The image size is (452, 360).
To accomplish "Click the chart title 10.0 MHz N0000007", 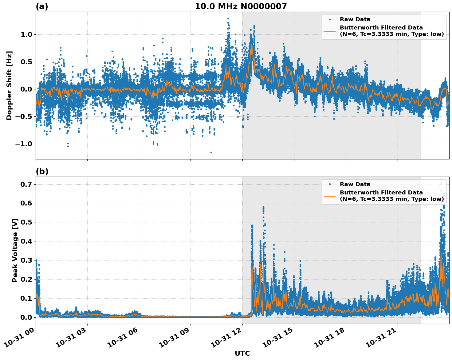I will point(241,6).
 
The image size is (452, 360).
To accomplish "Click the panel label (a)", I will point(42,6).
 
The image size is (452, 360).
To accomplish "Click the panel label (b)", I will point(42,171).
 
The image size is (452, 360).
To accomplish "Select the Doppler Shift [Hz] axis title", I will point(9,85).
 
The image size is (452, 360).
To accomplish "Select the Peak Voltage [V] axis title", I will point(15,250).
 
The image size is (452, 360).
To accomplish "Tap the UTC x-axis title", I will point(242,353).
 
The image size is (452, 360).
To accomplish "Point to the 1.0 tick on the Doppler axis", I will point(26,35).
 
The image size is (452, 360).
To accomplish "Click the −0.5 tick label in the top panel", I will point(25,117).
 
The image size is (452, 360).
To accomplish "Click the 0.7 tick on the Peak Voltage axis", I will point(26,184).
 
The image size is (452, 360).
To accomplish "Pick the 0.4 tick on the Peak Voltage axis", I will point(26,241).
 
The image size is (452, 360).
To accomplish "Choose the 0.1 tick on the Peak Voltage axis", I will point(26,298).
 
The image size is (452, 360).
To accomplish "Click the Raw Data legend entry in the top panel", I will point(355,19).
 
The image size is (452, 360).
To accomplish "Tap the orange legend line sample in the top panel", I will point(330,31).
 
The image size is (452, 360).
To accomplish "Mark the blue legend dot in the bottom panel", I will point(330,184).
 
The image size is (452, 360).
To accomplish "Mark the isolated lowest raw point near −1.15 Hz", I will point(211,152).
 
